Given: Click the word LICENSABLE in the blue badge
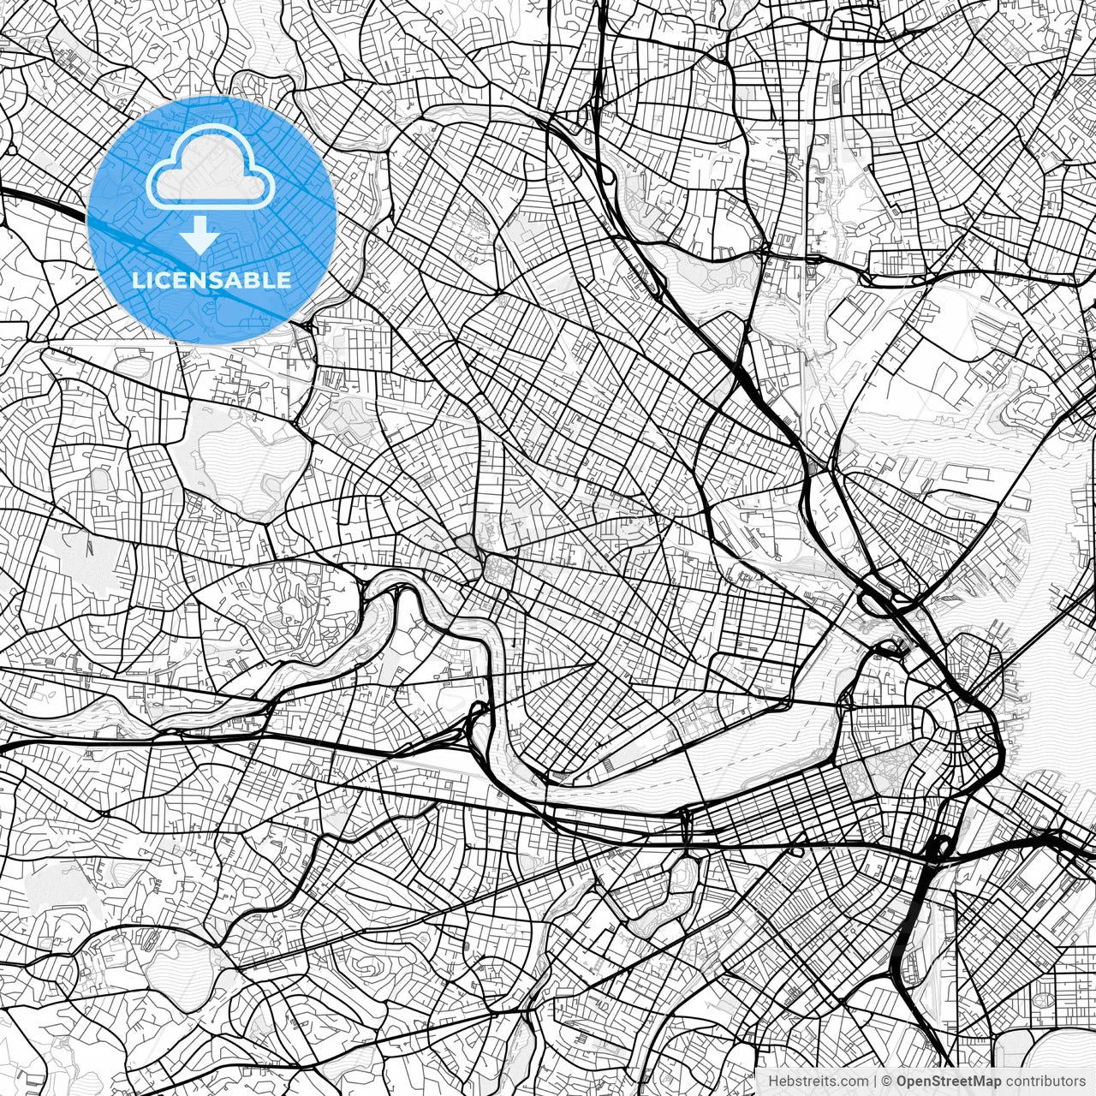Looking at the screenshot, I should coord(211,280).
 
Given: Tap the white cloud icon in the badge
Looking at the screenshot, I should coord(211,169).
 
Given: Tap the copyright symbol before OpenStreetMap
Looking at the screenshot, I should coord(887,1081).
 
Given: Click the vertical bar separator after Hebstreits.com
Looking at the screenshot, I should coord(875,1081).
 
